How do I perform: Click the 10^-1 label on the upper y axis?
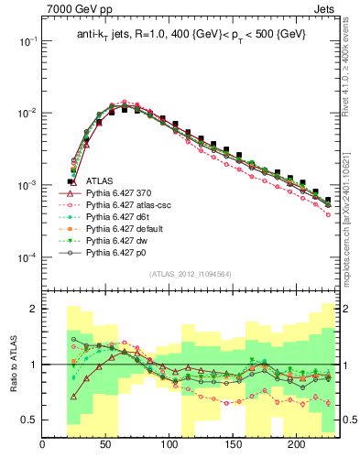(x=27, y=41)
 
